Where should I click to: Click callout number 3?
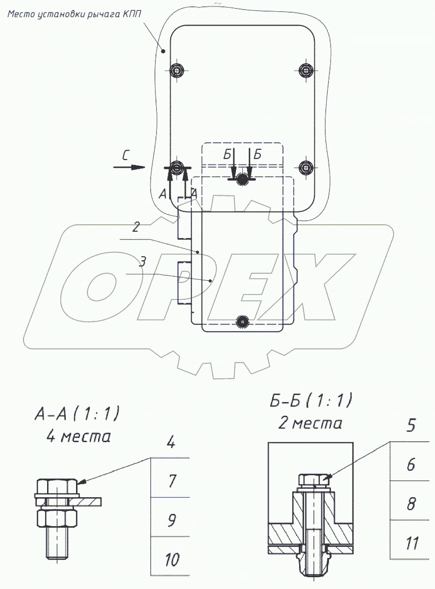pos(143,262)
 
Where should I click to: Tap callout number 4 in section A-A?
pos(171,442)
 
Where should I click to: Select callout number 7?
pos(172,481)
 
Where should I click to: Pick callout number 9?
pos(172,520)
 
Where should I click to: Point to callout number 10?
pos(172,560)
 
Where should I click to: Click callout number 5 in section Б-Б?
pos(410,425)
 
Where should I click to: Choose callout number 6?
pos(410,465)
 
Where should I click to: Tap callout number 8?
pos(411,504)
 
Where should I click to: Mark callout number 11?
pos(412,543)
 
